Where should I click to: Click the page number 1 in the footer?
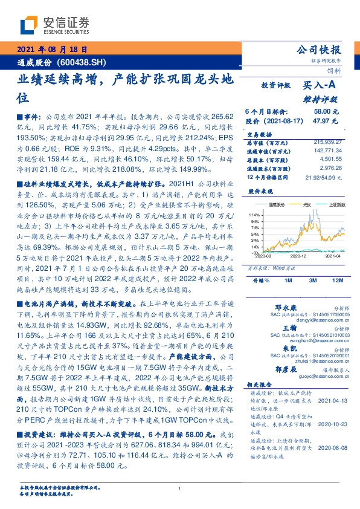click(180, 490)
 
